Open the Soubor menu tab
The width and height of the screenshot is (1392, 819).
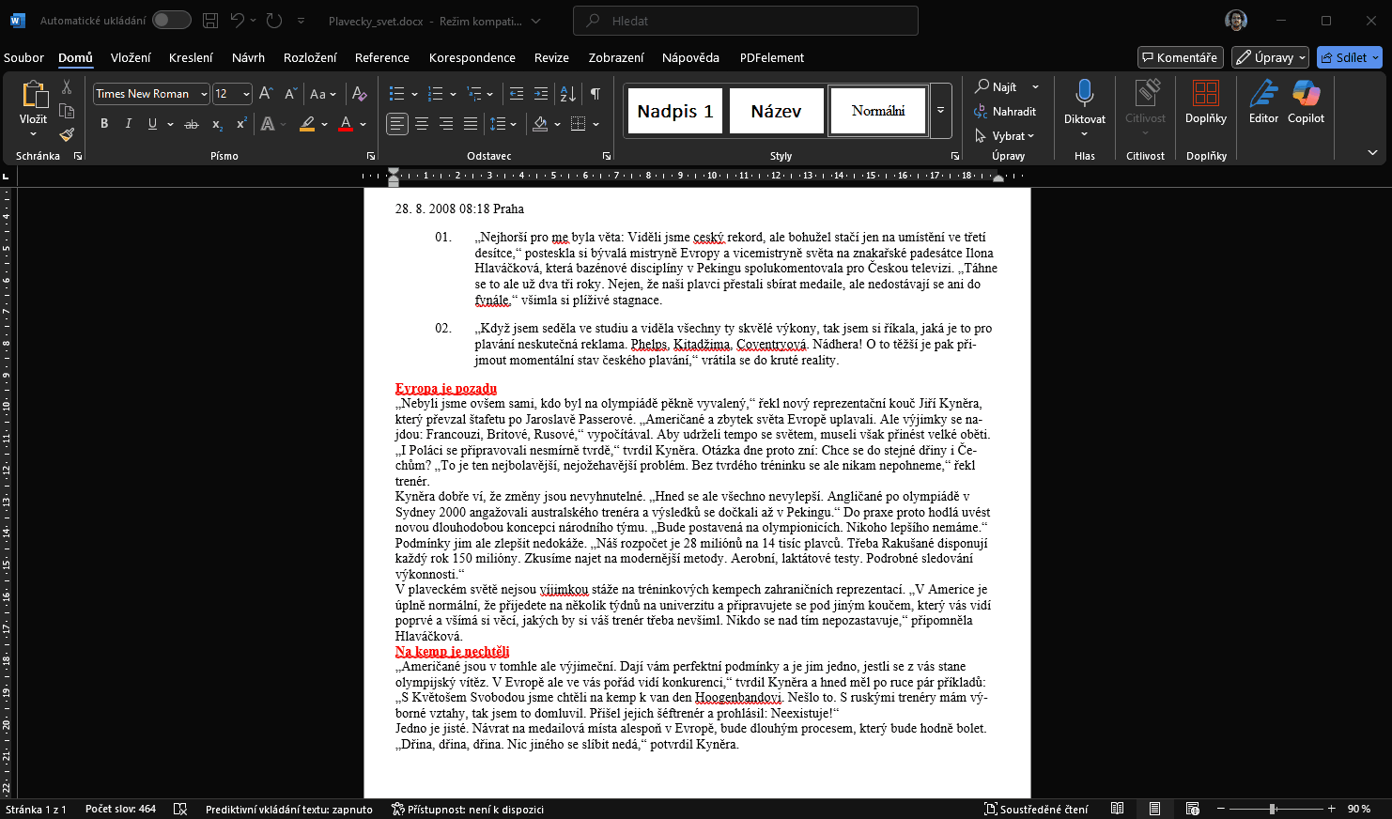tap(23, 57)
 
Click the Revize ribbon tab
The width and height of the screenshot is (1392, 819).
tap(551, 57)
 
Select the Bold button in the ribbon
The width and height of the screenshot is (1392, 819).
tap(104, 124)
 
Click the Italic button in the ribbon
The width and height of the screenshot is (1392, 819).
tap(128, 124)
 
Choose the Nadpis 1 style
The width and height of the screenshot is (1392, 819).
tap(674, 111)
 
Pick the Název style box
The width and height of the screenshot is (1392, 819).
tap(776, 111)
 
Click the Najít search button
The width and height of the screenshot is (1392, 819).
tap(997, 86)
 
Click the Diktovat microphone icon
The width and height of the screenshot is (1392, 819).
tap(1084, 94)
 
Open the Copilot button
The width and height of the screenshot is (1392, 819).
tap(1306, 101)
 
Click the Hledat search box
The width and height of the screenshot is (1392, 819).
tap(746, 21)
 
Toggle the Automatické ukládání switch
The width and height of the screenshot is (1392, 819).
tap(172, 20)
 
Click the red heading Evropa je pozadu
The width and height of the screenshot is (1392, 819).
tap(446, 388)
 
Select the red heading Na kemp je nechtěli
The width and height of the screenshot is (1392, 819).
tap(452, 651)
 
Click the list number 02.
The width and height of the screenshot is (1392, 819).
tap(443, 328)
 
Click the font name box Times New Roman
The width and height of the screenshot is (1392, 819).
tap(145, 94)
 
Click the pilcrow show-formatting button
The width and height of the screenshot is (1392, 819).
tap(595, 94)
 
